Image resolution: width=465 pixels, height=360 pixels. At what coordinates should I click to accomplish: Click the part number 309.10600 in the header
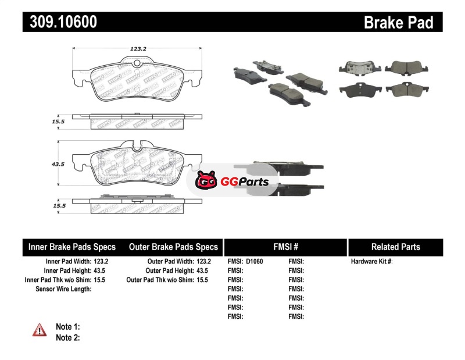[60, 22]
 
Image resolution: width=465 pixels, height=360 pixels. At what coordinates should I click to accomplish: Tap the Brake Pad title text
[398, 23]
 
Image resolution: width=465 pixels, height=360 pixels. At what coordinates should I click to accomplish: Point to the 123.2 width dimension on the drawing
[137, 49]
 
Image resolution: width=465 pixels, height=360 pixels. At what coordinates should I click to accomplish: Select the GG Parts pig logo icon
[205, 182]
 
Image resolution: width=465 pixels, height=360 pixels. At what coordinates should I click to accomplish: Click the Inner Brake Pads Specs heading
[72, 247]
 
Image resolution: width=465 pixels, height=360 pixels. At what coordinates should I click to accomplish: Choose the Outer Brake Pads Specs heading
[173, 247]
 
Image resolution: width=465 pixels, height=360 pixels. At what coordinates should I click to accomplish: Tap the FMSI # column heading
[285, 247]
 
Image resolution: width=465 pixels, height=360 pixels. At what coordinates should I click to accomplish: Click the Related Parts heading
[395, 247]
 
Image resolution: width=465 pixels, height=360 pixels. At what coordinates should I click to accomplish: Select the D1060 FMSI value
[255, 262]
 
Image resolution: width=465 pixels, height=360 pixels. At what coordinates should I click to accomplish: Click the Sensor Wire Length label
[64, 288]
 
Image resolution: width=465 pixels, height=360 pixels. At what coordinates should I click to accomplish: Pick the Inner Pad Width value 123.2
[101, 262]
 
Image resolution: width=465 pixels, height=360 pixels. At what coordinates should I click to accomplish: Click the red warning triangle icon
[40, 330]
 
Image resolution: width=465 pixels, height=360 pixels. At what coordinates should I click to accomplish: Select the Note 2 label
[67, 337]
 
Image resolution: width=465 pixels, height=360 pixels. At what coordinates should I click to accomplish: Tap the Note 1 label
[67, 327]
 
